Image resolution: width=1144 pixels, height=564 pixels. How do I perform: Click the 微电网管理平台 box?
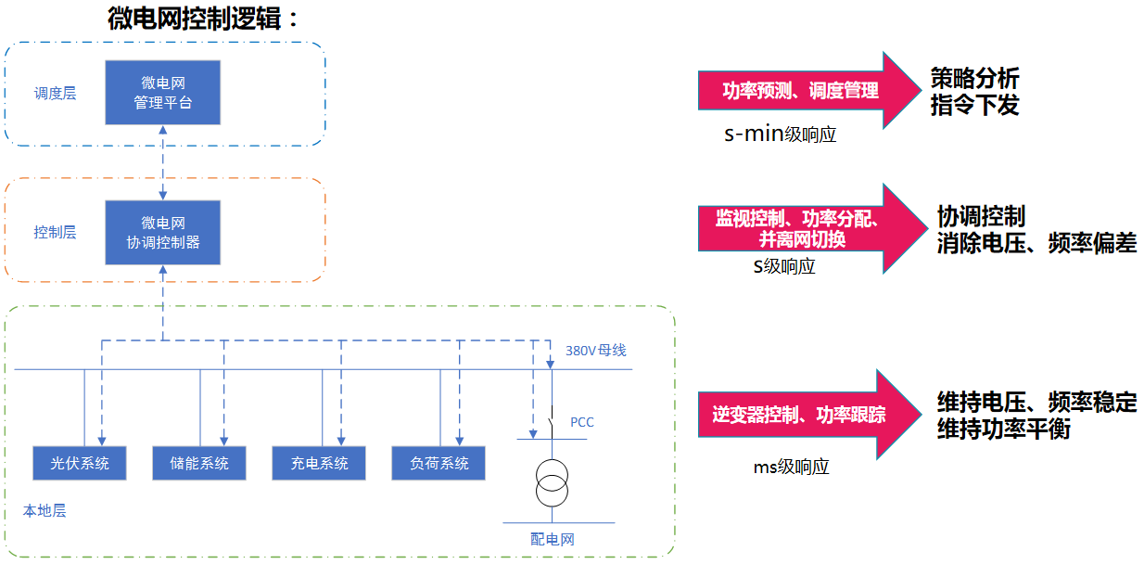163,93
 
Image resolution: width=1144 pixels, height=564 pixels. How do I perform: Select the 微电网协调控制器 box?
163,233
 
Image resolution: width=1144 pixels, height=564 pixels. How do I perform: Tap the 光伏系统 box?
80,463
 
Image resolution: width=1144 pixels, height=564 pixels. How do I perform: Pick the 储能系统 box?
199,463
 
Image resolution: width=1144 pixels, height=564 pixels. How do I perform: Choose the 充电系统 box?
319,463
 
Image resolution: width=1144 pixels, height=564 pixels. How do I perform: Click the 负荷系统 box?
439,463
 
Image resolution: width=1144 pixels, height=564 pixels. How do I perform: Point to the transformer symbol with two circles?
552,482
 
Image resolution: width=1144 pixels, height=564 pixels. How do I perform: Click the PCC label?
581,422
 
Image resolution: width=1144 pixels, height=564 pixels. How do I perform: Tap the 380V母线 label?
595,351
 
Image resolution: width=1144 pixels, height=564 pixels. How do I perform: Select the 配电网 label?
553,539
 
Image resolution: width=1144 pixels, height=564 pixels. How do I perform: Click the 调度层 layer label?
55,93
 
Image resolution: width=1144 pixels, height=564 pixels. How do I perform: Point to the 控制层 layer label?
55,233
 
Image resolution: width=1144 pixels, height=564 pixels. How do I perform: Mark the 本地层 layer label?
44,510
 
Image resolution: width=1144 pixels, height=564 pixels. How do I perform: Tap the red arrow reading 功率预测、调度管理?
809,90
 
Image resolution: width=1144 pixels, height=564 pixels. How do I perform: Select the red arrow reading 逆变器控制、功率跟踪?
809,415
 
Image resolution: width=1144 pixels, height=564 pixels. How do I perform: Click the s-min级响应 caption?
781,134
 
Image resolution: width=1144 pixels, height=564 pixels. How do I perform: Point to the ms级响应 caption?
791,467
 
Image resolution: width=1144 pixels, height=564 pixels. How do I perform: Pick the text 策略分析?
974,78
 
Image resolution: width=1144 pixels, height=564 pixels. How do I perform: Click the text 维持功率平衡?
1004,429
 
